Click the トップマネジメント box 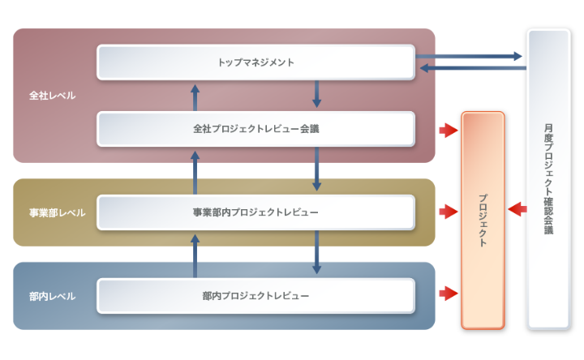(255, 62)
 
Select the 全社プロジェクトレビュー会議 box (255, 129)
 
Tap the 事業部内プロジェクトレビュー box (255, 212)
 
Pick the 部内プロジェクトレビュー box (255, 296)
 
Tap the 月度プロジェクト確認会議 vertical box (549, 178)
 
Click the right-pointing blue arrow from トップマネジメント (469, 56)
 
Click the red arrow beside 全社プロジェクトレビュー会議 (447, 130)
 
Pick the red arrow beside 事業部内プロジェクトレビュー (447, 212)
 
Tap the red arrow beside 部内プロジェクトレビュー (447, 293)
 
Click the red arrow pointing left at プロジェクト (516, 209)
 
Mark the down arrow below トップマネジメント (316, 94)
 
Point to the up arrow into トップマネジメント (195, 96)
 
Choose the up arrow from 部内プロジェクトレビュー (195, 255)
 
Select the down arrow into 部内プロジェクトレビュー (316, 253)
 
